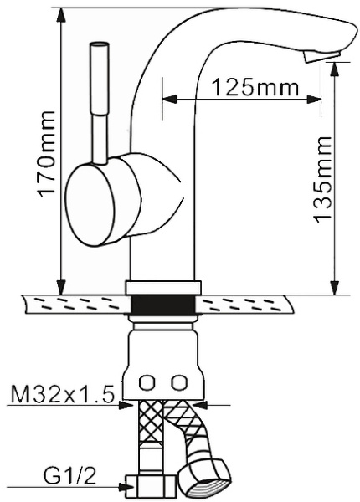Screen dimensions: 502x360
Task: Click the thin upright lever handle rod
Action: tap(100, 100)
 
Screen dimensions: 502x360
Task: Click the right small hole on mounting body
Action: tap(177, 382)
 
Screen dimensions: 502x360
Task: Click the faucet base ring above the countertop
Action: tap(164, 287)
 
